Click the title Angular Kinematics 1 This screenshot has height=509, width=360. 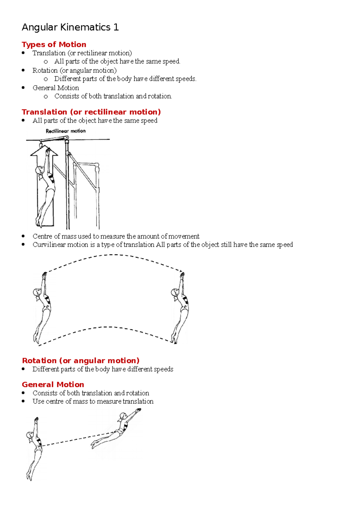tap(70, 27)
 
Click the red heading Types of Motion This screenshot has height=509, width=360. tap(54, 44)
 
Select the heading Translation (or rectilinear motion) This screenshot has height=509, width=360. tap(91, 112)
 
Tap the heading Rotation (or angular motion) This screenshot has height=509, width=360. tap(81, 360)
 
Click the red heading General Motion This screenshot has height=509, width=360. tap(53, 384)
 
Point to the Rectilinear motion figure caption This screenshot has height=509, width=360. tap(66, 131)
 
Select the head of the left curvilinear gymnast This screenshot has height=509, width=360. tap(37, 292)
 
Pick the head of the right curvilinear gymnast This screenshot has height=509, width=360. tap(175, 292)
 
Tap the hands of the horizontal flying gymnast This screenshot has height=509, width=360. tap(138, 410)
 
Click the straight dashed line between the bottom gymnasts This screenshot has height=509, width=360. tap(78, 439)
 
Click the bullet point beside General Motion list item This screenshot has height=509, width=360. tap(23, 88)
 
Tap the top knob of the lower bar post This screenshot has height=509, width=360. tap(97, 165)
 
